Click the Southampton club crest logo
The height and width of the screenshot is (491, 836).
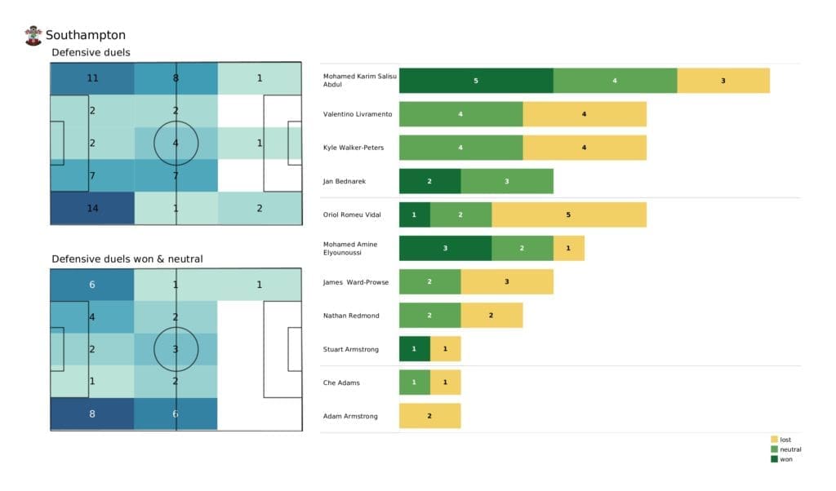tap(33, 35)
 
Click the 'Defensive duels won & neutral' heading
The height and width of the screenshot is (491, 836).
tap(127, 259)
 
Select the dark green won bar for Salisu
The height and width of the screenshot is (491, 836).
tap(476, 81)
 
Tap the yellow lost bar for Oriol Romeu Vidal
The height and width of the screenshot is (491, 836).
tap(569, 215)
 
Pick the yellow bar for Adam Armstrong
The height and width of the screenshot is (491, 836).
tap(429, 416)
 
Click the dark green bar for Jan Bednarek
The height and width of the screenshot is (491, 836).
tap(429, 181)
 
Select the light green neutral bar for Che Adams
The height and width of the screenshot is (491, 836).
tap(414, 383)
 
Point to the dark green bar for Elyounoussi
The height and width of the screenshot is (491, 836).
tap(445, 248)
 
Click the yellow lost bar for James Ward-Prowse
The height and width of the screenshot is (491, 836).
tap(507, 281)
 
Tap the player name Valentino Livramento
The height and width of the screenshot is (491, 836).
tap(358, 114)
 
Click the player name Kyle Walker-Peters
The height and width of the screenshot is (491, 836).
tap(354, 148)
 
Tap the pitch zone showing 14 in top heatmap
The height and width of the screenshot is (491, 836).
tap(91, 208)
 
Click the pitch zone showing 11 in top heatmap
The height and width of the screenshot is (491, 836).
tap(91, 79)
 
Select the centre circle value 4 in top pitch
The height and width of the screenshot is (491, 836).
tap(176, 144)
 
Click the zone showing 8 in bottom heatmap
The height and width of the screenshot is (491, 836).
tap(91, 414)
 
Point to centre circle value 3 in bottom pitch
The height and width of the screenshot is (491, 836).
tap(176, 349)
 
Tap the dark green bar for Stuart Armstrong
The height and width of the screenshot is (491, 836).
tap(414, 349)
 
